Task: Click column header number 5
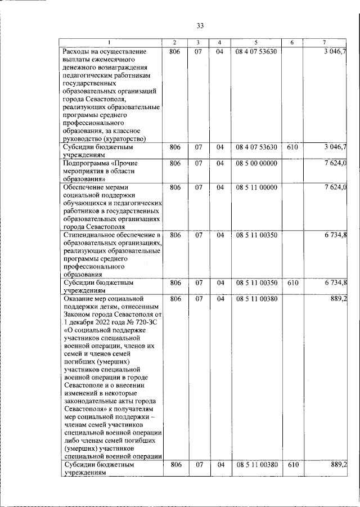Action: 255,43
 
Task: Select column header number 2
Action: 175,43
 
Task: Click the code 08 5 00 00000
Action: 256,163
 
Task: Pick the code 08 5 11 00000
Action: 256,187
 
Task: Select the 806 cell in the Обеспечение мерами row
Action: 175,187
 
